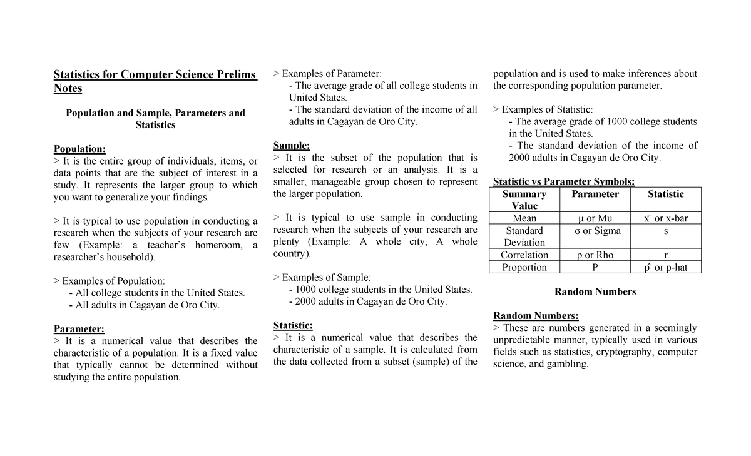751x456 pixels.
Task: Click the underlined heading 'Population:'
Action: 79,149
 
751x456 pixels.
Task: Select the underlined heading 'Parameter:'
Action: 79,329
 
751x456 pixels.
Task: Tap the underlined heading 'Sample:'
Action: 292,146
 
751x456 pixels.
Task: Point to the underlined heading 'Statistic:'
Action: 293,325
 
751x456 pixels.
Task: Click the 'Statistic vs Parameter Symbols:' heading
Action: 564,182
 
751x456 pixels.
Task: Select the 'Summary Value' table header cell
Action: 524,200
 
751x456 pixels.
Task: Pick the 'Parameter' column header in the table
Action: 595,194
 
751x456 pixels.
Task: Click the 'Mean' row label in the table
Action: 524,218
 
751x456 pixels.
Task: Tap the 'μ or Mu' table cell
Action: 595,218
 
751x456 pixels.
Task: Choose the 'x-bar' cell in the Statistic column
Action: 666,218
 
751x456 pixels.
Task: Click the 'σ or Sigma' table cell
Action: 595,231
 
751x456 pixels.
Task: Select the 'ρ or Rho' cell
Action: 595,255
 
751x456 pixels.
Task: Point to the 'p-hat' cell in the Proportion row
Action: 666,268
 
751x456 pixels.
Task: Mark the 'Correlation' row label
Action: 524,255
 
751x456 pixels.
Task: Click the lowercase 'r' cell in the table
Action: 666,255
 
